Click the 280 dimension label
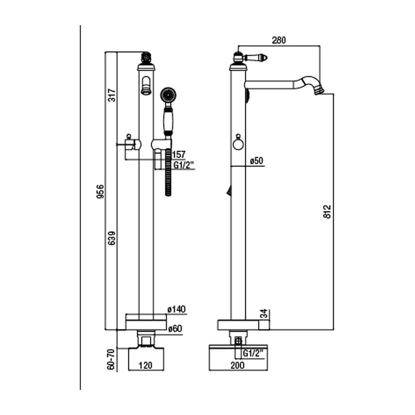tap(279, 40)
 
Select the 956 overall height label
tap(101, 192)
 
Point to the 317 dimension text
tap(112, 95)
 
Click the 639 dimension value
tap(112, 238)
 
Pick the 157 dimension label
tap(179, 154)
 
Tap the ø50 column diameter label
tap(257, 160)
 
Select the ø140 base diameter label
tap(177, 309)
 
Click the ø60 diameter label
tap(175, 328)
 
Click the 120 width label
tap(145, 365)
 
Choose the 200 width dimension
tap(237, 365)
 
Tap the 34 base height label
tap(265, 314)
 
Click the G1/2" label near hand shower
tap(184, 165)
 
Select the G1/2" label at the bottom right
tap(253, 353)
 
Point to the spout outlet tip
tap(319, 90)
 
